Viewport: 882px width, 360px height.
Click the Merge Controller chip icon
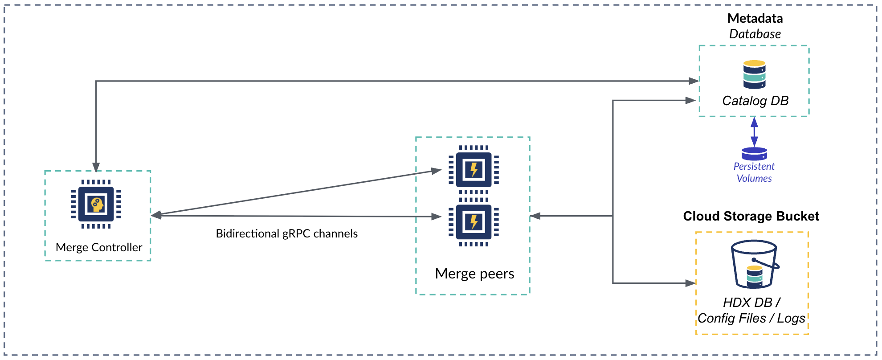96,204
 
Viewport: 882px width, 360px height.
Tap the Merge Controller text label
99,247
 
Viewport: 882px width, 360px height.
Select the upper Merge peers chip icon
474,170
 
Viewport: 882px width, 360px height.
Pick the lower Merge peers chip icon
474,222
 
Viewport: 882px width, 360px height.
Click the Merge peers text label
474,274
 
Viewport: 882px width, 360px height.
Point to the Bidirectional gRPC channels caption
286,233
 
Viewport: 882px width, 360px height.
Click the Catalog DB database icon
754,74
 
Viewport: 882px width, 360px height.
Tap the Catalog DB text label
755,101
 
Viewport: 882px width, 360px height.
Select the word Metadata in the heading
755,18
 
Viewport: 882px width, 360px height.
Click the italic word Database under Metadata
755,34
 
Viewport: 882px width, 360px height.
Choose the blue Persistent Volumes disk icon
754,154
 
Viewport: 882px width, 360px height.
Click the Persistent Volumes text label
754,172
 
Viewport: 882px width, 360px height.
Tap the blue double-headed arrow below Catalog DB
754,131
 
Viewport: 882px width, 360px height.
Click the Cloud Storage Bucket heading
751,216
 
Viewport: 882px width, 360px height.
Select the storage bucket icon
754,264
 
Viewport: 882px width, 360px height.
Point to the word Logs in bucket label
791,318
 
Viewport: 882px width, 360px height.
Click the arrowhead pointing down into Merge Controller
96,167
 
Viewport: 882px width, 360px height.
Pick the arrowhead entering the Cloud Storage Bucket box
690,283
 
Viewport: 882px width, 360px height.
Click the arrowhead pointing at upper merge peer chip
436,171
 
